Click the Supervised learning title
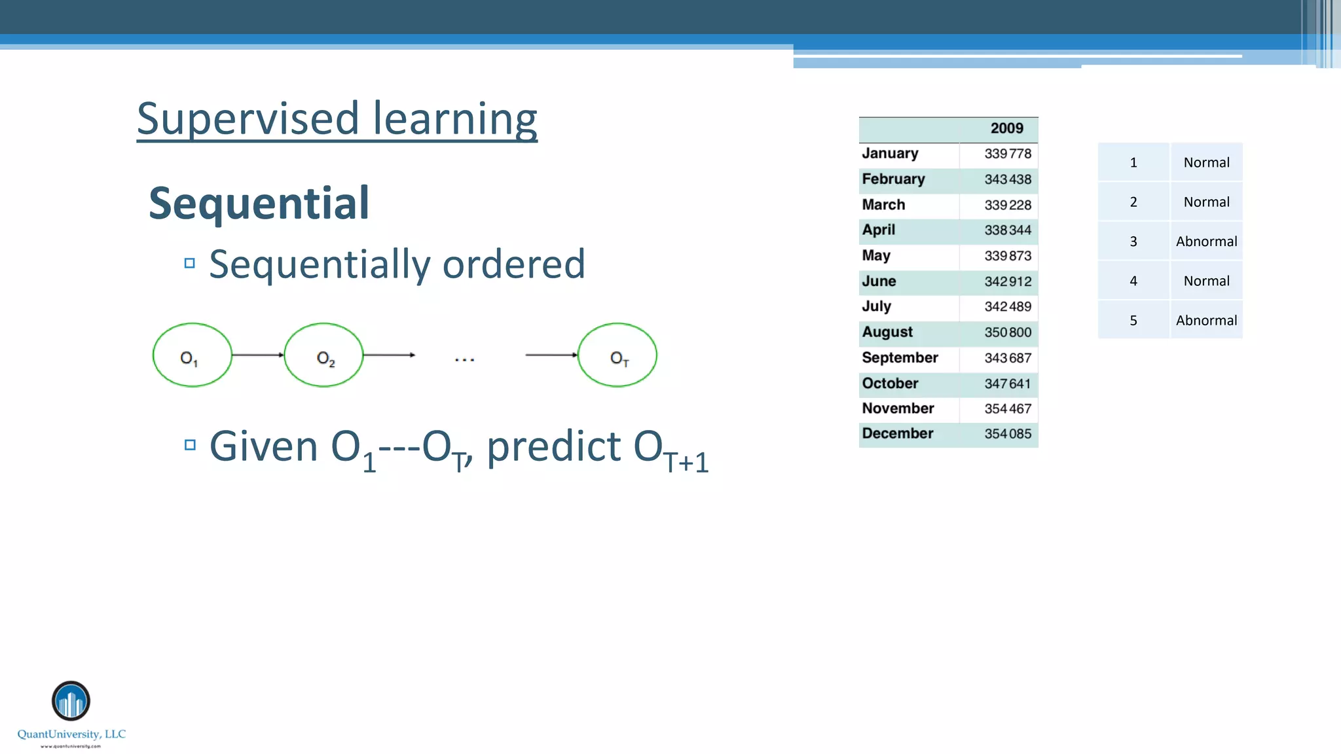point(337,119)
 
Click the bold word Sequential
point(259,203)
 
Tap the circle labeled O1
point(192,355)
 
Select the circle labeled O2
point(323,355)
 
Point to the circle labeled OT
point(617,355)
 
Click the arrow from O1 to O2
point(257,355)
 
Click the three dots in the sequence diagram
point(464,359)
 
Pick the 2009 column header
point(1006,128)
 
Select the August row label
point(887,332)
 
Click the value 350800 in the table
point(1007,332)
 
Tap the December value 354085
point(1007,434)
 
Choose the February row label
point(893,179)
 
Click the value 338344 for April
point(1007,230)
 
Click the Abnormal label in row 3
point(1206,242)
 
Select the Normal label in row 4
point(1206,281)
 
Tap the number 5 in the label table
point(1133,321)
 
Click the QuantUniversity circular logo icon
point(71,700)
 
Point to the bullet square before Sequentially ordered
point(190,263)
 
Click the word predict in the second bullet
point(555,447)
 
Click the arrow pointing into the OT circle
point(551,355)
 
